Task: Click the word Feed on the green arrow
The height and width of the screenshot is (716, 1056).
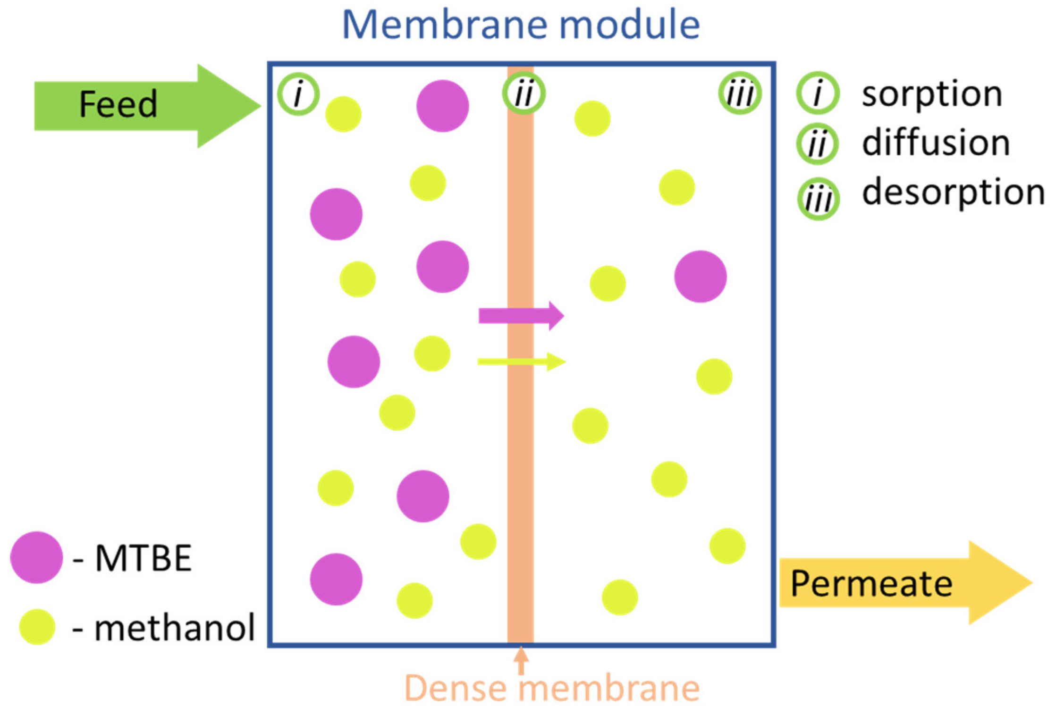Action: (118, 104)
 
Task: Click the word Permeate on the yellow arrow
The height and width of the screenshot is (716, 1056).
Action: (871, 584)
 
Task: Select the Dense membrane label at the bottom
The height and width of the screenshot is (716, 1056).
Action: (552, 688)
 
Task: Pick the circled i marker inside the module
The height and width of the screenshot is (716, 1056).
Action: (298, 94)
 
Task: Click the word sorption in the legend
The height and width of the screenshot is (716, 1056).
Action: (932, 94)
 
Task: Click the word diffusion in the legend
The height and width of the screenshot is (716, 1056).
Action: (936, 143)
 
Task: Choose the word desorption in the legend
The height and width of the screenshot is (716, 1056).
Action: (953, 192)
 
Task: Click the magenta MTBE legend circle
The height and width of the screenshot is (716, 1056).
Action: (36, 557)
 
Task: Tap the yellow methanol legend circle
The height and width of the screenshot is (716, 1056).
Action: (37, 627)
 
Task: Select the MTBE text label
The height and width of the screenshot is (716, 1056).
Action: (143, 558)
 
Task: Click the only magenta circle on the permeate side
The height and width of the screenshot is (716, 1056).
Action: (700, 276)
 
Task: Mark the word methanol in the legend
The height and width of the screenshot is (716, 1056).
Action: (174, 628)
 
